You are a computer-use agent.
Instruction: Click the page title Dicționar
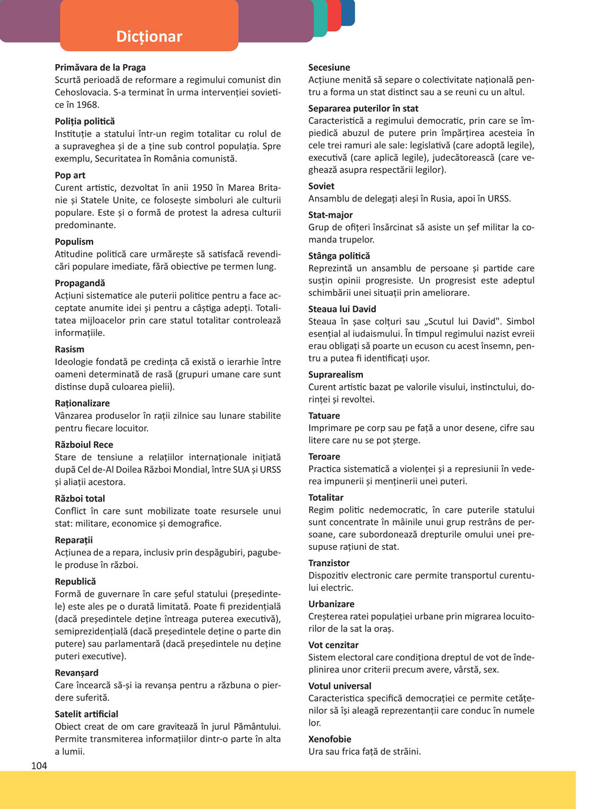coord(149,37)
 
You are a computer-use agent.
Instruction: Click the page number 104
coord(39,765)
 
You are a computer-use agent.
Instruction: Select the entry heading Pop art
coord(70,175)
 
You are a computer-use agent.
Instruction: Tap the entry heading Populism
coord(74,242)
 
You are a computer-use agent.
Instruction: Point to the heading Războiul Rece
coord(84,445)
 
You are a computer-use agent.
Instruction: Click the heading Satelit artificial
coord(87,714)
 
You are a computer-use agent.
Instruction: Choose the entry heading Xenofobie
coord(330,739)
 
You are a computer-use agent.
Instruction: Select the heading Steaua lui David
coord(342,309)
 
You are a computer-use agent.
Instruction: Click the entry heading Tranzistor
coord(329,563)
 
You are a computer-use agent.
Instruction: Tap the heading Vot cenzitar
coord(333,645)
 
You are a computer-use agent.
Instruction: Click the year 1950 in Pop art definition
coord(202,188)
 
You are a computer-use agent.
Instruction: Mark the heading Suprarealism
coord(336,374)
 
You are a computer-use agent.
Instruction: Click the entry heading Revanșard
coord(77,673)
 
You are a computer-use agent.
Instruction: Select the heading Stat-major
coord(330,215)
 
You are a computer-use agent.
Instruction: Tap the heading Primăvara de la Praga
coord(100,68)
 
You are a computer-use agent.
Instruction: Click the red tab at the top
coord(334,14)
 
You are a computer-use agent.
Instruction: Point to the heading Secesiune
coord(329,68)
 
